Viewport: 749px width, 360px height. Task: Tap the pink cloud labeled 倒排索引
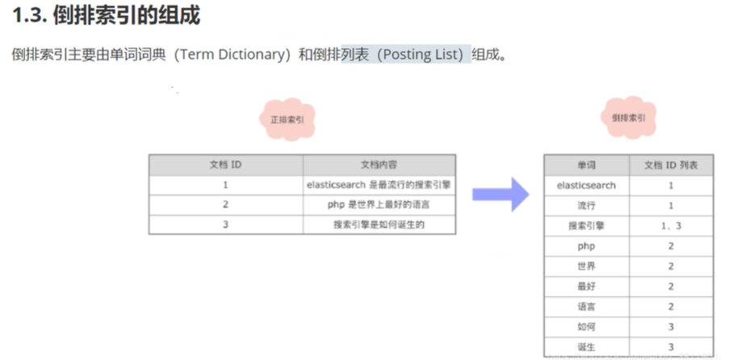(x=629, y=118)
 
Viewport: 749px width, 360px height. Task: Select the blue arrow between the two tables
(x=500, y=194)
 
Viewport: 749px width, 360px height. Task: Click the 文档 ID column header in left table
(x=225, y=165)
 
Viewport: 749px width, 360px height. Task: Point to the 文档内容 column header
(x=379, y=165)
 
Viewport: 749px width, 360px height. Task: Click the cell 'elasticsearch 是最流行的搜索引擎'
(x=379, y=185)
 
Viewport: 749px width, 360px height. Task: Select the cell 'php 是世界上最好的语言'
(x=379, y=205)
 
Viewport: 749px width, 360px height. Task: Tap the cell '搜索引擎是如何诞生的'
(x=379, y=225)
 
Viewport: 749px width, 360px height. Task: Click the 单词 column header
(x=586, y=165)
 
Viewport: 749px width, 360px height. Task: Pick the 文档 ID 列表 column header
(x=671, y=165)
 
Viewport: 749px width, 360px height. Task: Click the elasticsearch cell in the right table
(x=586, y=186)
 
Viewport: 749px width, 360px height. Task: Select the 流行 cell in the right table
(x=586, y=206)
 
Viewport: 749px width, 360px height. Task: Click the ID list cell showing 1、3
(x=671, y=226)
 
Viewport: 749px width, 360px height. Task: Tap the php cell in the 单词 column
(x=586, y=246)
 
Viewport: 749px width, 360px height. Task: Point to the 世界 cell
(x=586, y=266)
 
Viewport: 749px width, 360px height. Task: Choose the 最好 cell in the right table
(x=586, y=287)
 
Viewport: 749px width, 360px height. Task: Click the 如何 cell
(x=586, y=327)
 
